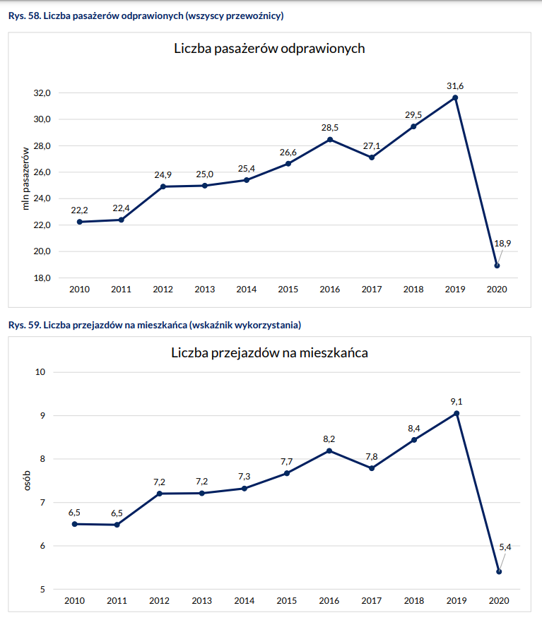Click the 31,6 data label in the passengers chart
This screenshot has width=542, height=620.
[455, 86]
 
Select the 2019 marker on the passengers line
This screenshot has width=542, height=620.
[456, 97]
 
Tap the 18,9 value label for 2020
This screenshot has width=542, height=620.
[503, 244]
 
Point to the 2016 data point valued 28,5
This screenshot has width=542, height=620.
[330, 139]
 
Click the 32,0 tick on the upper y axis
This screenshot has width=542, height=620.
[42, 93]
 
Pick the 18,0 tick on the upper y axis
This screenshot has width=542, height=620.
[42, 278]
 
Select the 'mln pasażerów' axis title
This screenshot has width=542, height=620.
[26, 179]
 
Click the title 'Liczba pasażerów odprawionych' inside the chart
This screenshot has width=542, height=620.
[269, 49]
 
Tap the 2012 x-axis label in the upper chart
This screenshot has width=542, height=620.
[163, 290]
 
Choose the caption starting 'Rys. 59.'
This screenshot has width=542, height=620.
[155, 325]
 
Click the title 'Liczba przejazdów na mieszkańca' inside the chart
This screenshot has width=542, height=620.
[269, 353]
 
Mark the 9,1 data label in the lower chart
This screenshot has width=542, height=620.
[456, 402]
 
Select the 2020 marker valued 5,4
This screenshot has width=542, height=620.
[499, 572]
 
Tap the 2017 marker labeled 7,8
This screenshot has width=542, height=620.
[372, 468]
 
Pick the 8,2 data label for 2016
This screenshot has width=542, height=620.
[329, 439]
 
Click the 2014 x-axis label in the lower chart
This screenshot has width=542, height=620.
[245, 601]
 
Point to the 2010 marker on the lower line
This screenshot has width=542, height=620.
[75, 524]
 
